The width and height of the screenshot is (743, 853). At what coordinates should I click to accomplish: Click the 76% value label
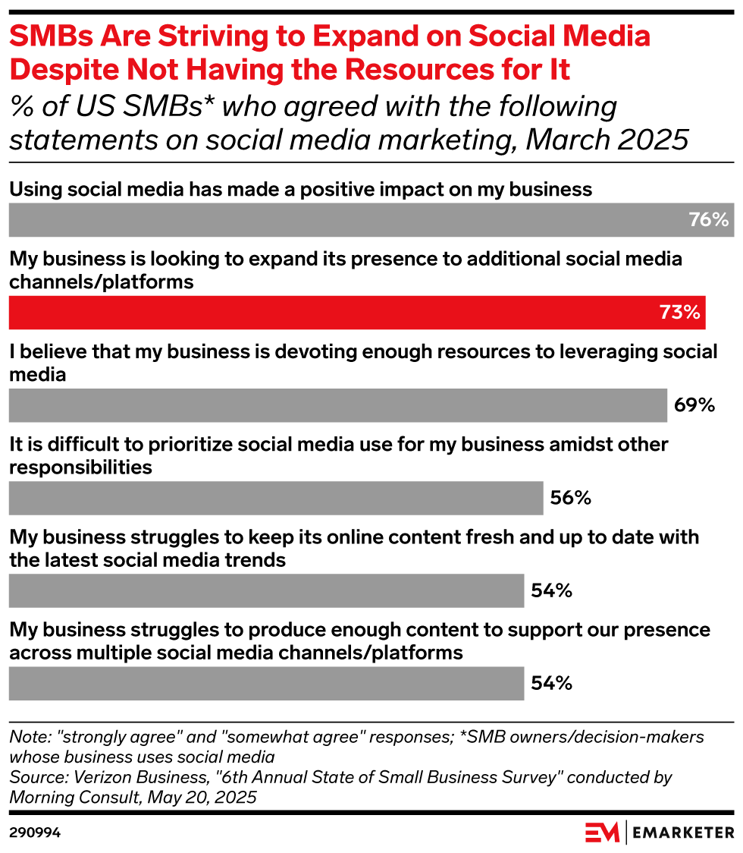coord(708,221)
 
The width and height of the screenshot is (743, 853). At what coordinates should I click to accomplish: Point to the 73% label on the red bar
coord(679,313)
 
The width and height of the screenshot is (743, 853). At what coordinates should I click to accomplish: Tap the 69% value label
coord(694,405)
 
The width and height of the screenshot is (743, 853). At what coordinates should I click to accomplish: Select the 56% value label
coord(571,498)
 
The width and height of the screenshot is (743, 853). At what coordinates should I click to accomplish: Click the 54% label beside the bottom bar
coord(551,683)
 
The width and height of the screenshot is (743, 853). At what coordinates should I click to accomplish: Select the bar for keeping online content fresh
coord(266,590)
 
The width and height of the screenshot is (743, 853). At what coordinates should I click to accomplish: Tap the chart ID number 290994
coord(35,833)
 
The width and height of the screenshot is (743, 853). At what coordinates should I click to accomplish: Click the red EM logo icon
coord(602,833)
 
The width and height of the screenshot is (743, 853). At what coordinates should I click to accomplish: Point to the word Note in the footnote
coord(25,736)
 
